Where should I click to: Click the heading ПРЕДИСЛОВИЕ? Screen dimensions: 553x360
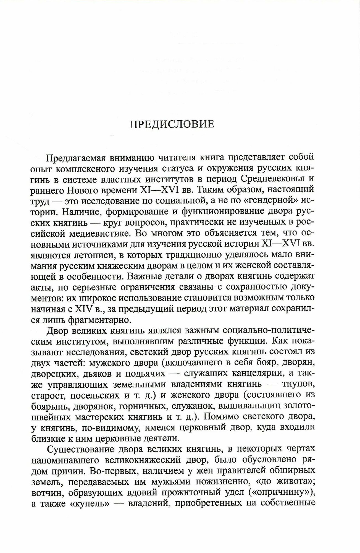[x=172, y=124]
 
